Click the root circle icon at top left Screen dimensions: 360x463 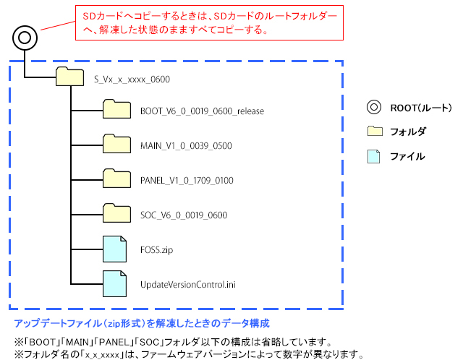25,36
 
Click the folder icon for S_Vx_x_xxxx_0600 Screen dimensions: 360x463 69,76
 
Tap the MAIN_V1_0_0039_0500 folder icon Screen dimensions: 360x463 116,145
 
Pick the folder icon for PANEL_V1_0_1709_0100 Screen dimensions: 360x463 116,179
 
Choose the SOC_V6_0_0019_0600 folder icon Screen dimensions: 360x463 116,213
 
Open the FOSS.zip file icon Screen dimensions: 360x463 115,249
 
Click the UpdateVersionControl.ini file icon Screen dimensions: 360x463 115,283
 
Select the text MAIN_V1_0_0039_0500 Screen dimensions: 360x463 177,145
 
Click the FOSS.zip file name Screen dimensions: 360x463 157,249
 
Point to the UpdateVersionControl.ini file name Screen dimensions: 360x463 188,283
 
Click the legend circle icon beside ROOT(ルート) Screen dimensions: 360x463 374,108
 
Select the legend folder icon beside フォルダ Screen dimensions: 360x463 374,132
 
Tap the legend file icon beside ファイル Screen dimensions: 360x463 374,155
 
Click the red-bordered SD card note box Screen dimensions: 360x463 208,22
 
